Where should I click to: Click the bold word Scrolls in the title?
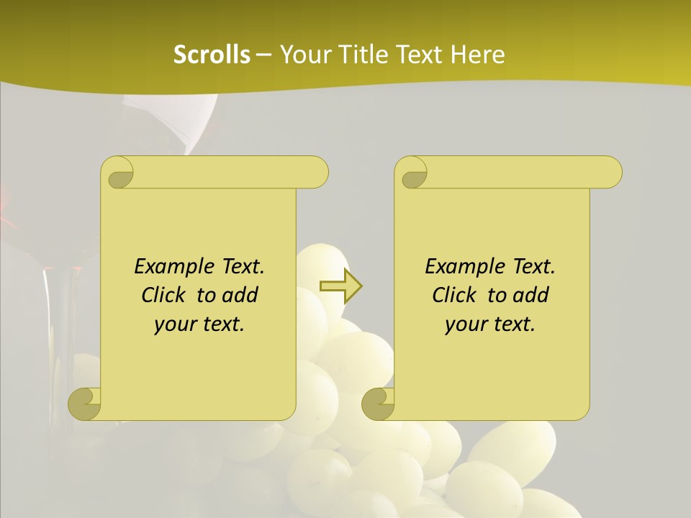[212, 55]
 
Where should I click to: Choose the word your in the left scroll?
[173, 324]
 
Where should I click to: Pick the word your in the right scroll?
[464, 324]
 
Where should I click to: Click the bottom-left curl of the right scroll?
[379, 403]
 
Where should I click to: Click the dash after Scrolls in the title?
[263, 55]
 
